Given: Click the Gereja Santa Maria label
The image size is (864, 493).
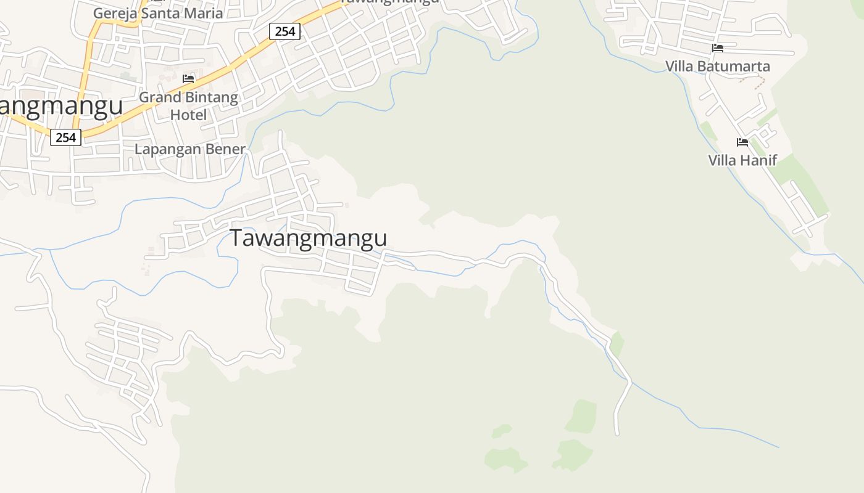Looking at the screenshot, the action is [157, 13].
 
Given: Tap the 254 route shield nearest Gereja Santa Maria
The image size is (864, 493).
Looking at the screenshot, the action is [285, 31].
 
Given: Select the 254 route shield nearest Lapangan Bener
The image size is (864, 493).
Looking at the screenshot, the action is [65, 137].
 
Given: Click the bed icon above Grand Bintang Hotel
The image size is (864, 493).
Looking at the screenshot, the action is [188, 79].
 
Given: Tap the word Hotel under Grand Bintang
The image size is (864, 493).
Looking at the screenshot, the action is [188, 115].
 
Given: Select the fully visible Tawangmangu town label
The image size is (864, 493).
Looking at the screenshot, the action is [309, 238].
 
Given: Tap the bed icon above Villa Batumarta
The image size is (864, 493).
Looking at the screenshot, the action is [717, 48].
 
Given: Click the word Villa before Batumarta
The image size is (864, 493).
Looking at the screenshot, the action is [679, 66].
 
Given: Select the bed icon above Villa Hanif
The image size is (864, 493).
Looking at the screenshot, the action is [742, 142].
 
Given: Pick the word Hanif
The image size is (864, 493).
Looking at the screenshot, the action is [760, 160].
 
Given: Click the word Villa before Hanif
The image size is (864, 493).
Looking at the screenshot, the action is [723, 160].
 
